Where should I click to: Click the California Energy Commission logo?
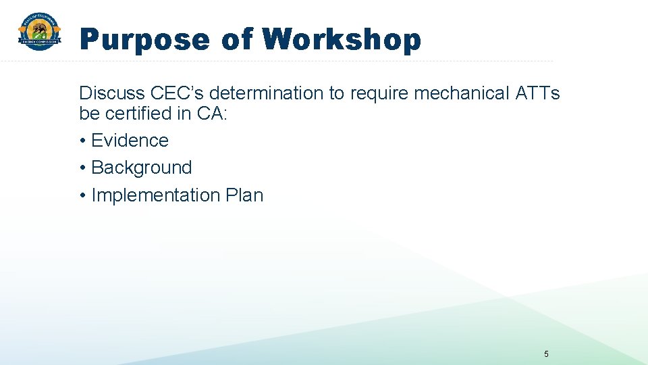coord(39,32)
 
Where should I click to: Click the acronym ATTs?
coord(537,93)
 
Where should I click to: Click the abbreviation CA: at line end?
coord(213,114)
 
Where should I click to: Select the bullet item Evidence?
coord(130,141)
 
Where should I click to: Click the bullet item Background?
coord(141,168)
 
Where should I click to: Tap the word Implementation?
coord(155,195)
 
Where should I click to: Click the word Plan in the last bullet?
coord(244,195)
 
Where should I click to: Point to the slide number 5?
coord(546,354)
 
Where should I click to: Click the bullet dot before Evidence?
coord(82,141)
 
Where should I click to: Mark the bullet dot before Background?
coord(82,168)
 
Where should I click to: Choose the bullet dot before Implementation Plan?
coord(82,196)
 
